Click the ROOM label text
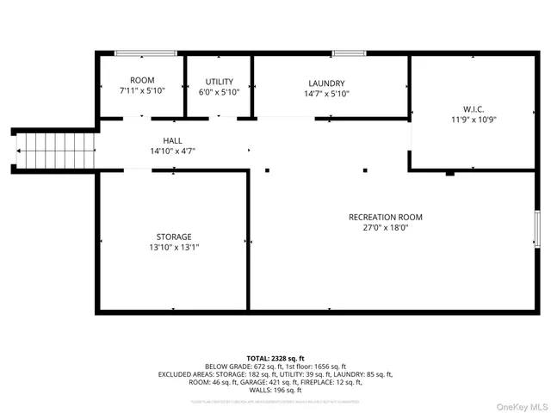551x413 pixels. point(141,80)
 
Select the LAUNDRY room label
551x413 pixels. point(326,83)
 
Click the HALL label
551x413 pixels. point(172,140)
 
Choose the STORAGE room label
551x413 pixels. point(174,237)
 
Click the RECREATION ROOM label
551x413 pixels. point(386,217)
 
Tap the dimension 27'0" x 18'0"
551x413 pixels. point(386,228)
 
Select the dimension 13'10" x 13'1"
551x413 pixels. point(174,247)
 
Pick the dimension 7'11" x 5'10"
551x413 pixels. point(141,90)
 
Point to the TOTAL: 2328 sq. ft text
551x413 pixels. point(275,358)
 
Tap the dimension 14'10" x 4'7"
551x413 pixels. point(172,151)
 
